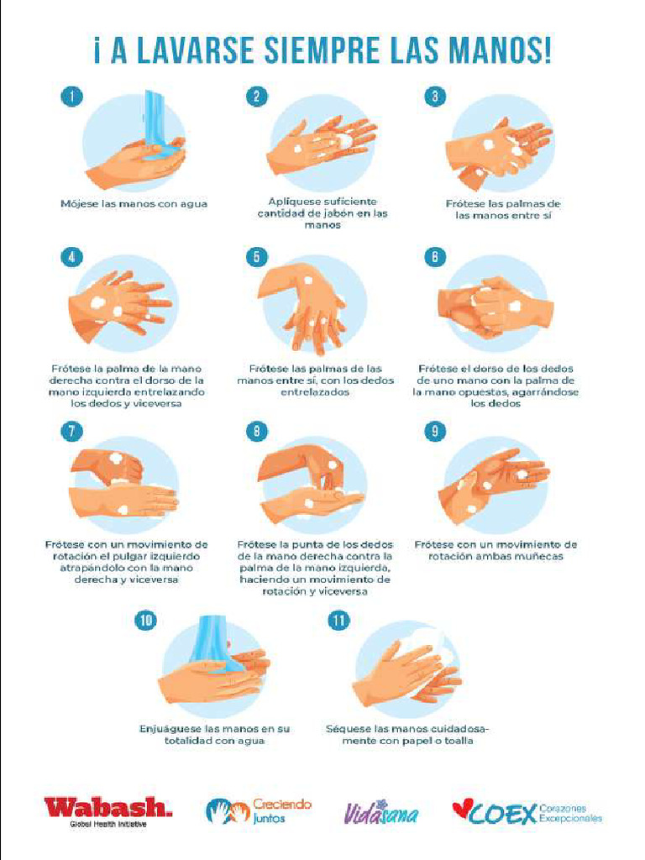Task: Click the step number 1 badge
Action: (x=72, y=96)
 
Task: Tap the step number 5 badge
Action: (x=257, y=257)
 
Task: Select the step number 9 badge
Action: (x=435, y=431)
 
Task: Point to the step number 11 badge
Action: (x=339, y=621)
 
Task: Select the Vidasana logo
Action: (x=381, y=813)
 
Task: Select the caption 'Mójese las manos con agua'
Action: (x=134, y=203)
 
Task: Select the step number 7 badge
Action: (x=72, y=431)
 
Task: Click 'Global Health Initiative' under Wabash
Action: (x=108, y=824)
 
